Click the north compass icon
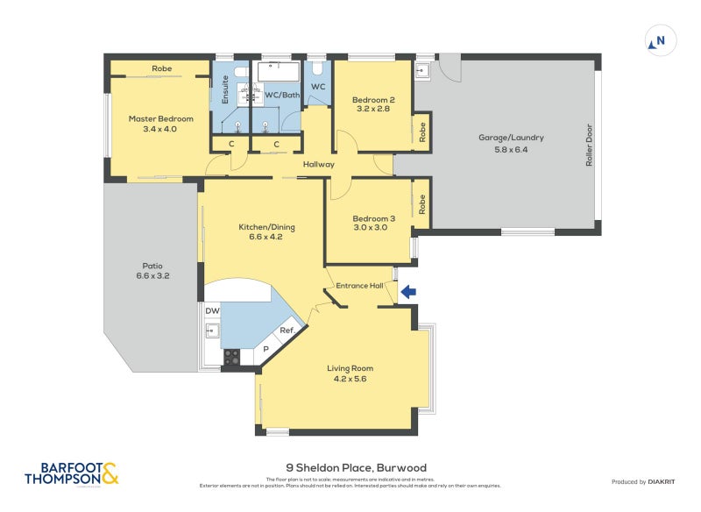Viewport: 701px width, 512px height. pyautogui.click(x=659, y=40)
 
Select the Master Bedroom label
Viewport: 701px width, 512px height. pyautogui.click(x=160, y=118)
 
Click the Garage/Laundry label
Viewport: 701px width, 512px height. pyautogui.click(x=511, y=138)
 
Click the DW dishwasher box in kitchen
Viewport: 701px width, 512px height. pyautogui.click(x=211, y=311)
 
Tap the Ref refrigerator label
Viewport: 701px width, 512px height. pyautogui.click(x=285, y=331)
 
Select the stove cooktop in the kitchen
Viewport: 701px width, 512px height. pyautogui.click(x=233, y=357)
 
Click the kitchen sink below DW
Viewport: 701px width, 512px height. pyautogui.click(x=211, y=331)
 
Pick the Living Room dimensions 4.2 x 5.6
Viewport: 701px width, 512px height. pyautogui.click(x=350, y=380)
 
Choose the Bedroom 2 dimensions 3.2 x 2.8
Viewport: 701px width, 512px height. pyautogui.click(x=374, y=110)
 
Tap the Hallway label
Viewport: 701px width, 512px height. pyautogui.click(x=318, y=164)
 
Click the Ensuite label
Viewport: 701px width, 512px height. pyautogui.click(x=225, y=90)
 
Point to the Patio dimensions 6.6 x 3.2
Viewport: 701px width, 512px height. pyautogui.click(x=153, y=276)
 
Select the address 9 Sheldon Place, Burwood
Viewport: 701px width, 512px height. pyautogui.click(x=356, y=468)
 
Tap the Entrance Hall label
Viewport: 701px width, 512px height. pyautogui.click(x=360, y=286)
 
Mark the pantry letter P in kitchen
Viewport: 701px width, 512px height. pyautogui.click(x=267, y=348)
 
